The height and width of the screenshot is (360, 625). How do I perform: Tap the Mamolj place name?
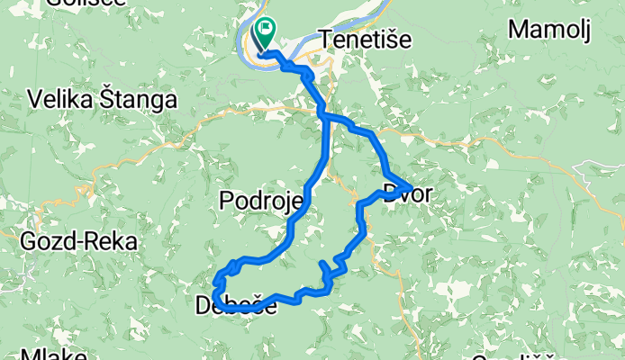(549, 30)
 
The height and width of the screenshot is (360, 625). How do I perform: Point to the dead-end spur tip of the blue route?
(322, 262)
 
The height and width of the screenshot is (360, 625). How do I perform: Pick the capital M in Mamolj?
(517, 30)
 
